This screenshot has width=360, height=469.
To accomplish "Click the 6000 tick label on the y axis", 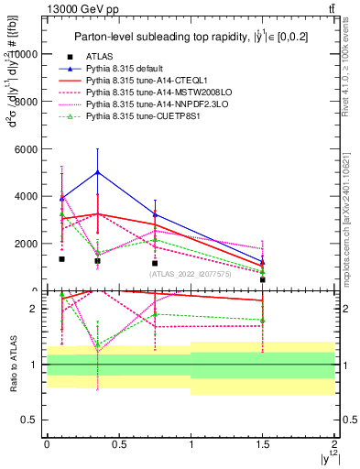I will pyautogui.click(x=27, y=148).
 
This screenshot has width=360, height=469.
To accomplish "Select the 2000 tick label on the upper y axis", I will pyautogui.click(x=27, y=244).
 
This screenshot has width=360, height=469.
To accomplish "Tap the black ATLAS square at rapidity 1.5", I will pyautogui.click(x=263, y=279).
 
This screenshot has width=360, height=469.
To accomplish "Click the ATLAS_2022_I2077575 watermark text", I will pyautogui.click(x=191, y=274).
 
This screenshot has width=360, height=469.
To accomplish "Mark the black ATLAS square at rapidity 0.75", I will pyautogui.click(x=155, y=263).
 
